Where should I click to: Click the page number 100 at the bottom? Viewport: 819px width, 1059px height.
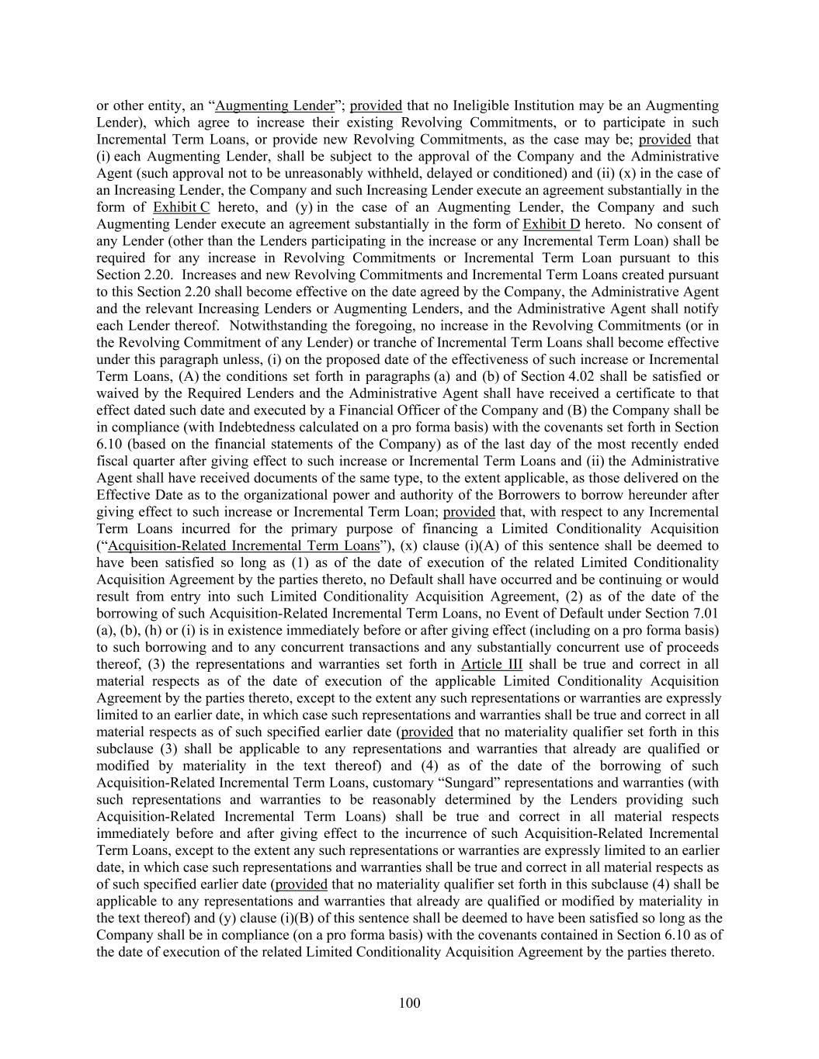(x=409, y=1003)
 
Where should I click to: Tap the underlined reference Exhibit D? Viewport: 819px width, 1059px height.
(x=551, y=224)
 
